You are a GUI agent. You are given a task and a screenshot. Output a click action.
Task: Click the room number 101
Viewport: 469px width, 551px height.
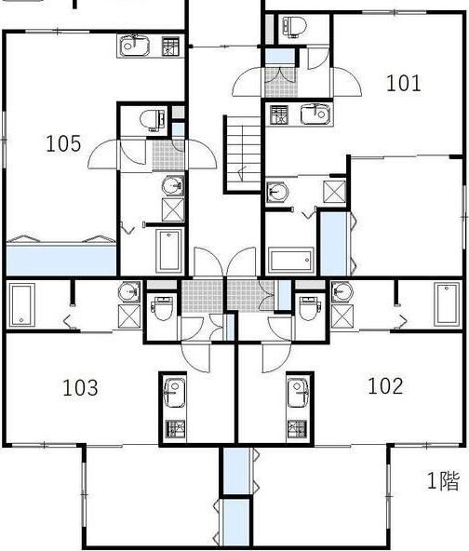point(403,84)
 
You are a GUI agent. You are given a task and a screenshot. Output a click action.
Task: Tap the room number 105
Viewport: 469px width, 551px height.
point(63,143)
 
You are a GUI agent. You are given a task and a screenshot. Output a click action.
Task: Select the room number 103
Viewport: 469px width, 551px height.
point(80,387)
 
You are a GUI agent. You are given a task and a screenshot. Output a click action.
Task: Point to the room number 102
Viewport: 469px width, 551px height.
point(385,386)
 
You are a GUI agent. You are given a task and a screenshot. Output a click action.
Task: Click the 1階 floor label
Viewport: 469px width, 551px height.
point(443,480)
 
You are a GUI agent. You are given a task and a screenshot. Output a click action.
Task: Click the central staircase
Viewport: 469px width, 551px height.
point(242,155)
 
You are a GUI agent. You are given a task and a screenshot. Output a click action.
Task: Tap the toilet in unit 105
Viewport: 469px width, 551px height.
point(153,120)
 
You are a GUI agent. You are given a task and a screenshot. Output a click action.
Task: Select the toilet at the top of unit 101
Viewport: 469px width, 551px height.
point(294,26)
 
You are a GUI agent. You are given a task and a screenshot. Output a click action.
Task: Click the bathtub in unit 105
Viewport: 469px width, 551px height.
point(169,250)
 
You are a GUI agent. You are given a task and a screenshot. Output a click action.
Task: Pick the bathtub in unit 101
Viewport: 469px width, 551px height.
point(291,261)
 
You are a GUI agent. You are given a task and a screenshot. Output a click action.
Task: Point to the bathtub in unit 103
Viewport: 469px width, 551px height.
point(21,304)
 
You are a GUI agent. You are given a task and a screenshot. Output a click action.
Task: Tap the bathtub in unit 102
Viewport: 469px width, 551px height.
point(447,304)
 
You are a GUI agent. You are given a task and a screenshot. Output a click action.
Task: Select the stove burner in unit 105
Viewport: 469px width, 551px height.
point(170,46)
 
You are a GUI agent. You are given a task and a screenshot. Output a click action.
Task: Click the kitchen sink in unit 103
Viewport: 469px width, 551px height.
point(174,393)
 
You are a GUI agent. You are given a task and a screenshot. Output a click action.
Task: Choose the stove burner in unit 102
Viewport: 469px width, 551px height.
point(297,429)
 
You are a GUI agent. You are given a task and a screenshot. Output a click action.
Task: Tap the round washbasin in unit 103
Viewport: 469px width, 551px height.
point(129,292)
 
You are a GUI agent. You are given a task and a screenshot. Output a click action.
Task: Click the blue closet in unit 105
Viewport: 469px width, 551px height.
point(61,260)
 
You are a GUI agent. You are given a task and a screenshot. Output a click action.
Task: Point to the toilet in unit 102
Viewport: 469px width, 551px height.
point(309,308)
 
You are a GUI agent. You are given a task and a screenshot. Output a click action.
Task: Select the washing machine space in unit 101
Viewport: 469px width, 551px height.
point(334,192)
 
